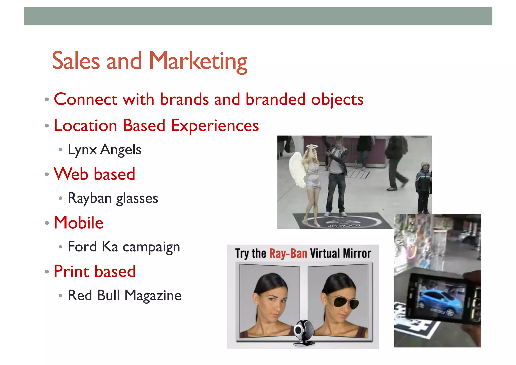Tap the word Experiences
215,125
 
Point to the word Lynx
82,150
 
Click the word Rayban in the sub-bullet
89,198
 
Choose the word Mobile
79,223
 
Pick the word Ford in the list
82,247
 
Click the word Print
72,271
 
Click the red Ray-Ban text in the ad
288,254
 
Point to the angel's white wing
297,172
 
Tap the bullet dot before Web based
47,174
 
